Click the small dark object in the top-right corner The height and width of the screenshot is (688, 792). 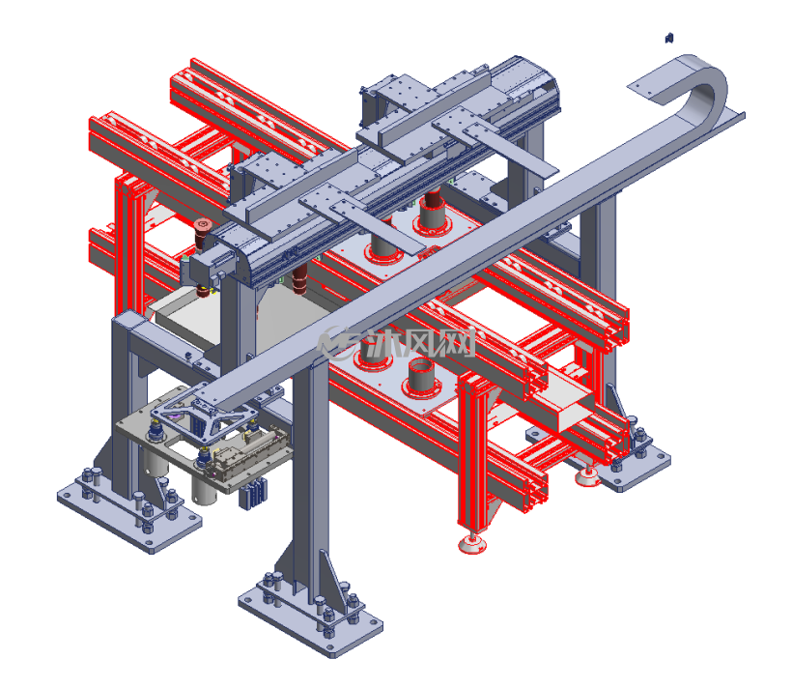(669, 38)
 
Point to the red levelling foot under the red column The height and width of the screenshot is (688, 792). (472, 544)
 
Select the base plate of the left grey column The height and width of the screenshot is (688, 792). (129, 515)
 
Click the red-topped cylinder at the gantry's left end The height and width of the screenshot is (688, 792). (202, 234)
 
